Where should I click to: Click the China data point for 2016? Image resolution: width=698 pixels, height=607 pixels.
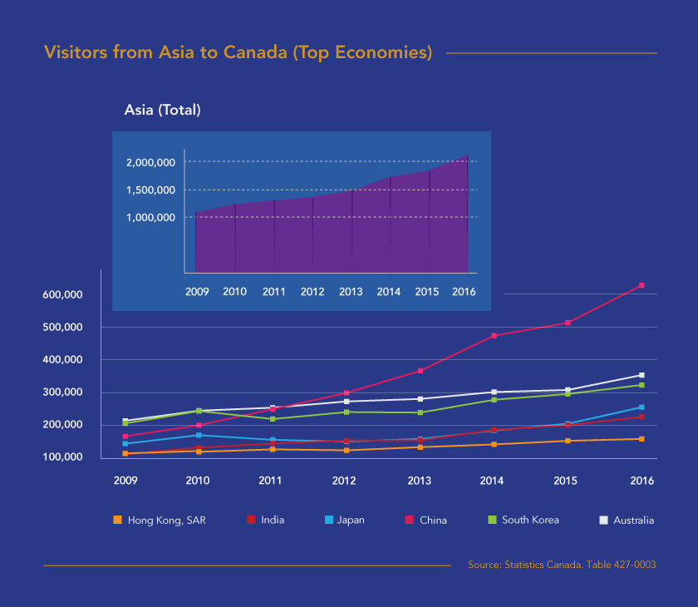(x=641, y=285)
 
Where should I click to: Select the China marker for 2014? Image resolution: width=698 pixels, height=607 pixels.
(x=494, y=335)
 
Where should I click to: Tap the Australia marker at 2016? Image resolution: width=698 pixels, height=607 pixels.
(x=641, y=375)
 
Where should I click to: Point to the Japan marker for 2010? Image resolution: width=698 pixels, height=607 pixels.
(x=199, y=435)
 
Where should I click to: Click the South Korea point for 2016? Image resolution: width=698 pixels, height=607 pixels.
(x=641, y=385)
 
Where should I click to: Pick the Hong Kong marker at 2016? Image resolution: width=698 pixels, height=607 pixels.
(x=641, y=439)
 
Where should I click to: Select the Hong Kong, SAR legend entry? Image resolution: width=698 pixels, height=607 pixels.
(x=159, y=521)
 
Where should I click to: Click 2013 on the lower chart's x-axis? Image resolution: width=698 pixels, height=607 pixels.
(x=421, y=481)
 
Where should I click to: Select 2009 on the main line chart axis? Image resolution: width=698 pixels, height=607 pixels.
(x=125, y=481)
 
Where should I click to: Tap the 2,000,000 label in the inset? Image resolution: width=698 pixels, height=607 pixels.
(x=150, y=162)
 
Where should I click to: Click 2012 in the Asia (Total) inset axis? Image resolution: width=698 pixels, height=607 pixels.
(x=312, y=292)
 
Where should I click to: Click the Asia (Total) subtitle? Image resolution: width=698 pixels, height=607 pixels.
(x=162, y=109)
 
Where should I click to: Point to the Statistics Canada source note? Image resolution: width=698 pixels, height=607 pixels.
(x=562, y=565)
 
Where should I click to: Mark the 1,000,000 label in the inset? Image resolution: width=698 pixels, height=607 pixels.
(x=150, y=218)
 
